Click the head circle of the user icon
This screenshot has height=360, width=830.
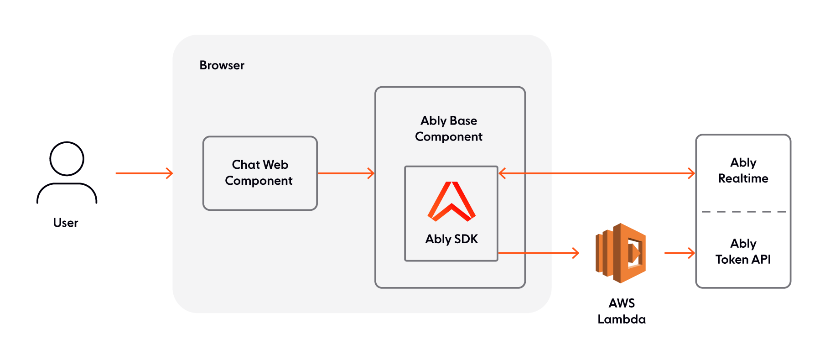(x=67, y=159)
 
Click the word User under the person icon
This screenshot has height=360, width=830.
(x=66, y=223)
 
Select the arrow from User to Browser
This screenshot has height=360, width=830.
(x=144, y=173)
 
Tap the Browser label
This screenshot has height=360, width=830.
(x=222, y=65)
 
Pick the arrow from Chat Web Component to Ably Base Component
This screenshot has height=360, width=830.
(x=346, y=173)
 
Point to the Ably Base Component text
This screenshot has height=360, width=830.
(x=449, y=129)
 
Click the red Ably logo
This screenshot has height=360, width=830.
(x=451, y=201)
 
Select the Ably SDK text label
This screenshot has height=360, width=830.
(x=451, y=239)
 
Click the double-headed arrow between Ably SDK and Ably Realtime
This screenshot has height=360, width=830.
(x=597, y=173)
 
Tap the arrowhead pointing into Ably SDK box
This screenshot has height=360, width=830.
(x=502, y=173)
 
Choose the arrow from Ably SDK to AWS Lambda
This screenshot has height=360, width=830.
(x=538, y=253)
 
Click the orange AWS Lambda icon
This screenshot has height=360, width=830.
(x=621, y=253)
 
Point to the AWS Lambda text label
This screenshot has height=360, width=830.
(x=622, y=311)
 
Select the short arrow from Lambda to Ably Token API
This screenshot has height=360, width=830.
(x=680, y=253)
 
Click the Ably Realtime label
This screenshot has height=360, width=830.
(x=743, y=171)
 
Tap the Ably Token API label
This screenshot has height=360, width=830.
(x=743, y=251)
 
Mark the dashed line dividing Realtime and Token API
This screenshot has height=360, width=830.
(x=743, y=212)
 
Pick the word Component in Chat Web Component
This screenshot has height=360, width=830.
(x=259, y=181)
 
